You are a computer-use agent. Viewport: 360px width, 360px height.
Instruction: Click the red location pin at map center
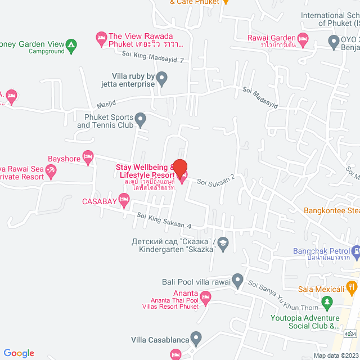(179, 168)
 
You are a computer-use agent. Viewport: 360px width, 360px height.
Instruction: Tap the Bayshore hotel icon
(87, 156)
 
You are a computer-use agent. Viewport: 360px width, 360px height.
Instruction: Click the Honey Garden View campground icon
(71, 44)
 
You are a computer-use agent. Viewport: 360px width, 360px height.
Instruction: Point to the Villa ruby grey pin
(162, 78)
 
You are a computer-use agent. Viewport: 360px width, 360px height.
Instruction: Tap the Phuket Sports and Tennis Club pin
(141, 119)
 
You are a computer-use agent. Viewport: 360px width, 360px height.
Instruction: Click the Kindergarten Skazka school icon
(223, 242)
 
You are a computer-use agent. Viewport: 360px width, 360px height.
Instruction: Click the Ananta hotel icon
(205, 296)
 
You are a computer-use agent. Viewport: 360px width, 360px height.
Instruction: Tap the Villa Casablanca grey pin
(196, 339)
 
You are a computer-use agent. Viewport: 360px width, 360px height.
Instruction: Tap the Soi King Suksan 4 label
(164, 220)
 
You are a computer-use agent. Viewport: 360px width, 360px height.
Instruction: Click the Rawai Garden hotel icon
(303, 38)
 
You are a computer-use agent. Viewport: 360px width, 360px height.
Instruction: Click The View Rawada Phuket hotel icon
(102, 38)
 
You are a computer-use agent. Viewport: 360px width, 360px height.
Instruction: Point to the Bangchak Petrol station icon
(355, 250)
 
